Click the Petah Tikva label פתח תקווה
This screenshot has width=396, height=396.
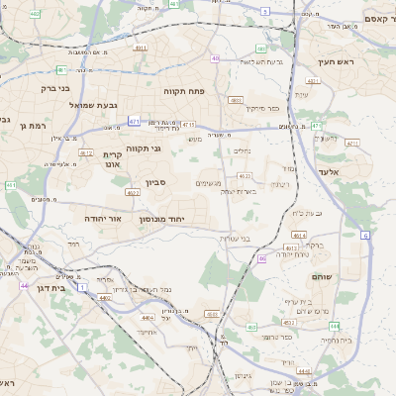point(184,90)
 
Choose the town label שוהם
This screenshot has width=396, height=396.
point(322,277)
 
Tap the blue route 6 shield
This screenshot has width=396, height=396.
point(364,235)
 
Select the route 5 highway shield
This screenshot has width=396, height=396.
point(265,11)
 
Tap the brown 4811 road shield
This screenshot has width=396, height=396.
point(140,48)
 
